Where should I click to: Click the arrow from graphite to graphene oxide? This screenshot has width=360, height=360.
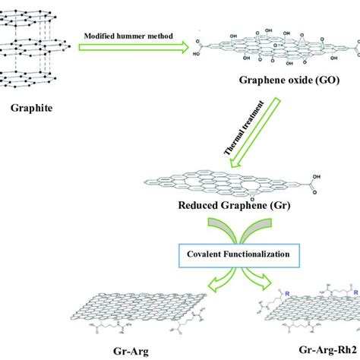[x=134, y=48]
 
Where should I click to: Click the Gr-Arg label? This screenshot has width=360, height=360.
[x=122, y=351]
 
